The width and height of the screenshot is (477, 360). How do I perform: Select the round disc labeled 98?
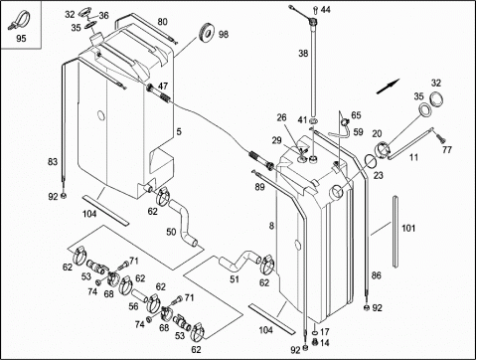(x=207, y=33)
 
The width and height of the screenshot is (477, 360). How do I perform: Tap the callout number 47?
(x=163, y=87)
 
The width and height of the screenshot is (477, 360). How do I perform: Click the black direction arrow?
(x=389, y=87)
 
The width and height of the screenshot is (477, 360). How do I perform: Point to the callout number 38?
(x=303, y=53)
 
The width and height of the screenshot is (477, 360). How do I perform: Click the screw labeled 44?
(x=314, y=10)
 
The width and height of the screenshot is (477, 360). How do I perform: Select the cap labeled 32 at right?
(x=436, y=99)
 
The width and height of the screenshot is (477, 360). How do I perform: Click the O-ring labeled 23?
(x=371, y=161)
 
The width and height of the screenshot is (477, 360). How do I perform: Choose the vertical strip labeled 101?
(x=396, y=232)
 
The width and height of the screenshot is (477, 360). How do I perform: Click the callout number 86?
(x=377, y=275)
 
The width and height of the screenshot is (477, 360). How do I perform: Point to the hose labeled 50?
(x=183, y=222)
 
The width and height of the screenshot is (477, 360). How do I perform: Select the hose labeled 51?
(x=239, y=260)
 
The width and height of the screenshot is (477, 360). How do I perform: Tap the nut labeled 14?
(x=315, y=342)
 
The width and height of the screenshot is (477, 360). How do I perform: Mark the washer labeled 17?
(x=314, y=333)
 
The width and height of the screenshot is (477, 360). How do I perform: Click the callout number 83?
(x=53, y=162)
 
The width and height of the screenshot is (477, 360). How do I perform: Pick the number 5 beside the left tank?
(x=179, y=132)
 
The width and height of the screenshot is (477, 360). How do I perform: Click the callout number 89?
(x=259, y=187)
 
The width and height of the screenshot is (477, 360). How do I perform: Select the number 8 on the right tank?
(x=271, y=226)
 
